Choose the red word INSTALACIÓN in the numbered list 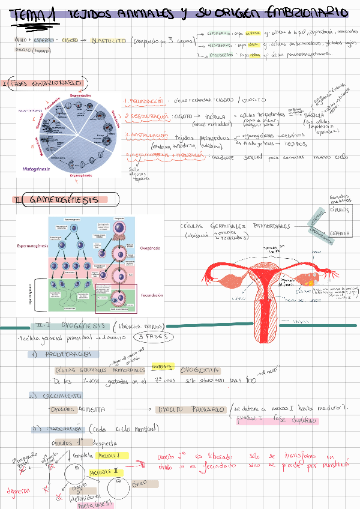pyautogui.click(x=149, y=136)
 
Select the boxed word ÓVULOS pyautogui.click(x=341, y=211)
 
